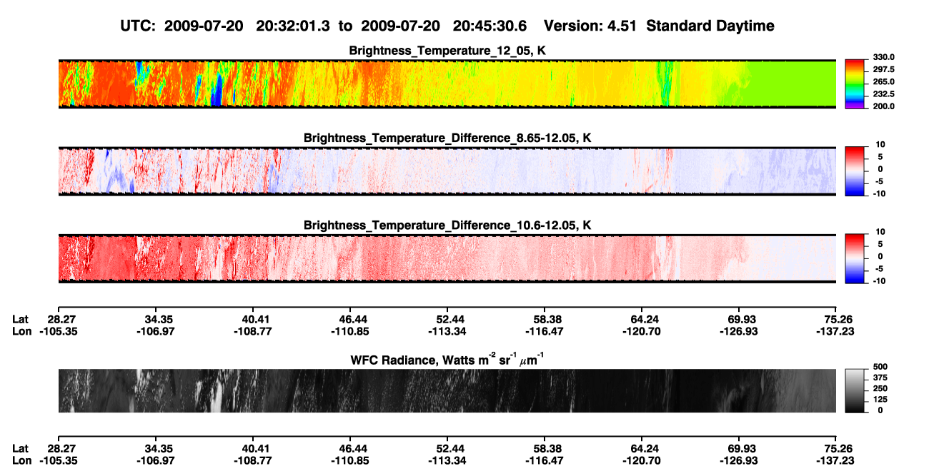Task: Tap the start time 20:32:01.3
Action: [293, 26]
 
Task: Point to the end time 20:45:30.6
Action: [490, 26]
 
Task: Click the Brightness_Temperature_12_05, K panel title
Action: [447, 51]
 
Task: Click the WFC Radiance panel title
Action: [447, 360]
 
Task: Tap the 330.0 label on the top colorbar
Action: [883, 57]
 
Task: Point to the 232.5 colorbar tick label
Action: [883, 94]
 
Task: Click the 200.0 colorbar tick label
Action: [883, 106]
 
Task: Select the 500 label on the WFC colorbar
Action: [880, 367]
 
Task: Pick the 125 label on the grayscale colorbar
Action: [880, 400]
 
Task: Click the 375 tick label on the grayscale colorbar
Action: [880, 378]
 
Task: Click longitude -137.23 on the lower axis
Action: [835, 461]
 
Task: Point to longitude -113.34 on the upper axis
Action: [447, 331]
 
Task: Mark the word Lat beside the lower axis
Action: [20, 449]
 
